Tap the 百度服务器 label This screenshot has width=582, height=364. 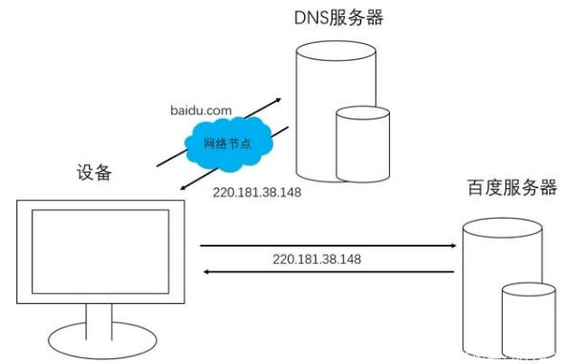512,187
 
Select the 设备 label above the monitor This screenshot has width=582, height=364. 95,173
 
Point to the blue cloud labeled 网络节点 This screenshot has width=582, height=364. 230,144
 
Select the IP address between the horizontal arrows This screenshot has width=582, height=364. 316,259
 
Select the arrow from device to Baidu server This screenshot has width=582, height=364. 325,246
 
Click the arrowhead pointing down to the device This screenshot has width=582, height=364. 183,189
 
